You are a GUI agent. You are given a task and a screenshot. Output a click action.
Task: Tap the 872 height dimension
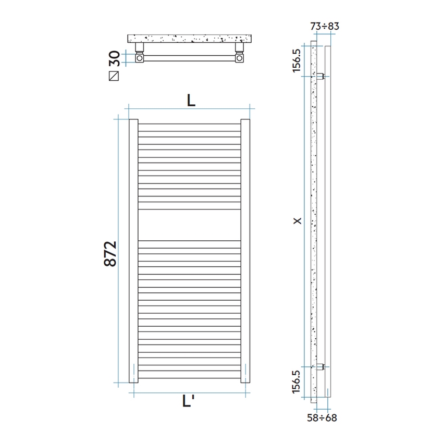coord(110,254)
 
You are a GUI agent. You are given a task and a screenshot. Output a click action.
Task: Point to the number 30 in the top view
coord(115,57)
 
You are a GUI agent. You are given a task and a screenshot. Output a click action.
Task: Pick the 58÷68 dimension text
coord(322,417)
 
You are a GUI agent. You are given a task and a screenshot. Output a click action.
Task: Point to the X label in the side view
coord(298,221)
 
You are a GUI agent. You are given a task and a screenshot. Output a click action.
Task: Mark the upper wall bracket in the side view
coord(321,77)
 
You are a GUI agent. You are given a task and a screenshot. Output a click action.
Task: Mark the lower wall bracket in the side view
coord(321,366)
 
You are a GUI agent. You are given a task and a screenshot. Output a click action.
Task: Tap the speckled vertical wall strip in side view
coord(313,221)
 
